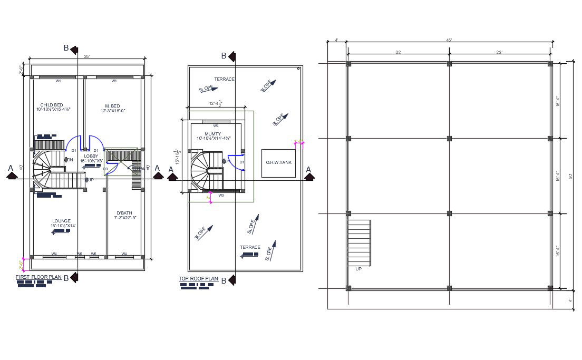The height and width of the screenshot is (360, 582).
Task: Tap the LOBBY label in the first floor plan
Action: [91, 156]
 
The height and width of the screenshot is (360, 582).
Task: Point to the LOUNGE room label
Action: [61, 221]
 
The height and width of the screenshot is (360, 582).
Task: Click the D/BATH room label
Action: [124, 213]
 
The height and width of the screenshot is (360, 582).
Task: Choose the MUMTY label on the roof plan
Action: [213, 134]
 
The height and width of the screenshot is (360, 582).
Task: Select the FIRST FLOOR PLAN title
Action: [39, 277]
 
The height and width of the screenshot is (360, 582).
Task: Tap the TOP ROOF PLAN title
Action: [198, 279]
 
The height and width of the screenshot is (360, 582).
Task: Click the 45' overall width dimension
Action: [449, 41]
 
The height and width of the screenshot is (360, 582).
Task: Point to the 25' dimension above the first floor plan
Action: [87, 56]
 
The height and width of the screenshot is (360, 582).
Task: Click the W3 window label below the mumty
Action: [221, 195]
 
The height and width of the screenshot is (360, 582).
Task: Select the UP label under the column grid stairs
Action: [359, 269]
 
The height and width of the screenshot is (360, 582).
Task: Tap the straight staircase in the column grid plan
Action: [360, 243]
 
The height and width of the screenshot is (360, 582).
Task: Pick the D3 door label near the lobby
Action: [105, 169]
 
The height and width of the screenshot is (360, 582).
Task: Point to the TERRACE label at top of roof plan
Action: [224, 79]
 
